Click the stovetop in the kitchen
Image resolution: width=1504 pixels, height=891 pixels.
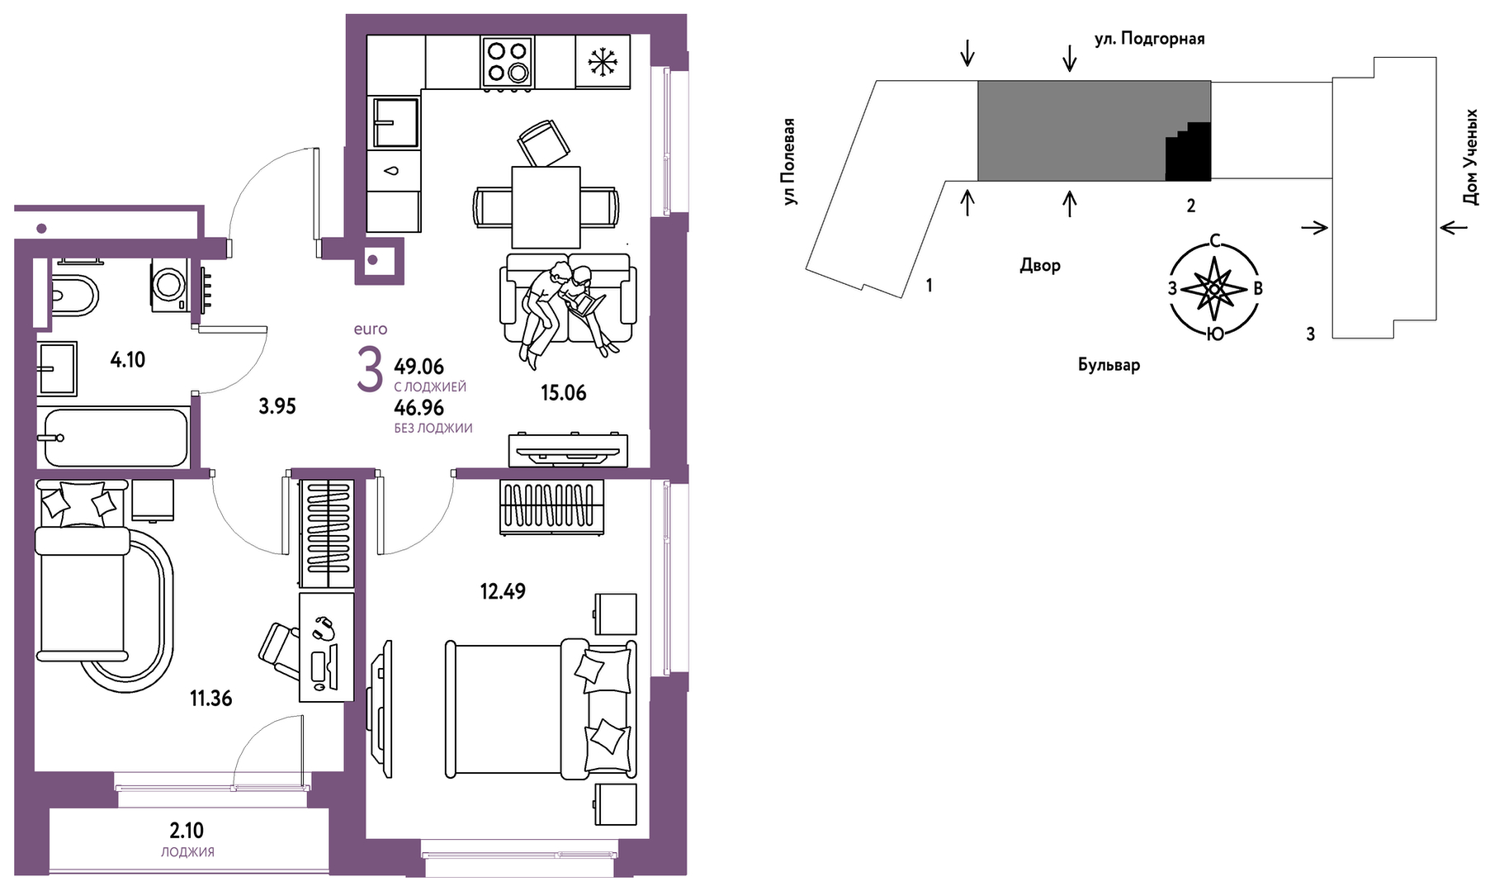click(x=507, y=62)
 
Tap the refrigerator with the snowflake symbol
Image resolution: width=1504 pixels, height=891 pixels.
click(x=603, y=61)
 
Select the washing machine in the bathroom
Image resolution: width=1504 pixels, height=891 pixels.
click(x=170, y=286)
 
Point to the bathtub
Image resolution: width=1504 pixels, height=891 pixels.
click(x=116, y=438)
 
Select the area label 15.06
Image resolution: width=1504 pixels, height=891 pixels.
click(x=564, y=393)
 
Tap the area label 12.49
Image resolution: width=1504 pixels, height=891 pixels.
click(x=503, y=591)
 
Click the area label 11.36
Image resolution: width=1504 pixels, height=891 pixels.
click(x=211, y=699)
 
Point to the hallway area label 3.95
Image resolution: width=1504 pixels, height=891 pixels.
click(x=277, y=406)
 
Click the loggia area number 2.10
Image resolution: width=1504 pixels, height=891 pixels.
click(x=187, y=831)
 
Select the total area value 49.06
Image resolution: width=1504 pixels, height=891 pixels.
click(x=419, y=367)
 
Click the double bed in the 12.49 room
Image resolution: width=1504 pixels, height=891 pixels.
click(x=542, y=709)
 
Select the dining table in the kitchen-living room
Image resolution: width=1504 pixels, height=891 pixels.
click(x=546, y=207)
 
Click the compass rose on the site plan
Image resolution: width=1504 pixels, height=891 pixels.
click(x=1214, y=288)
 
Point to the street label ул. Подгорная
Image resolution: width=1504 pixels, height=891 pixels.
click(x=1149, y=39)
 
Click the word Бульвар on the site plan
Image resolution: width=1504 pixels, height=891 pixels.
click(x=1109, y=365)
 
